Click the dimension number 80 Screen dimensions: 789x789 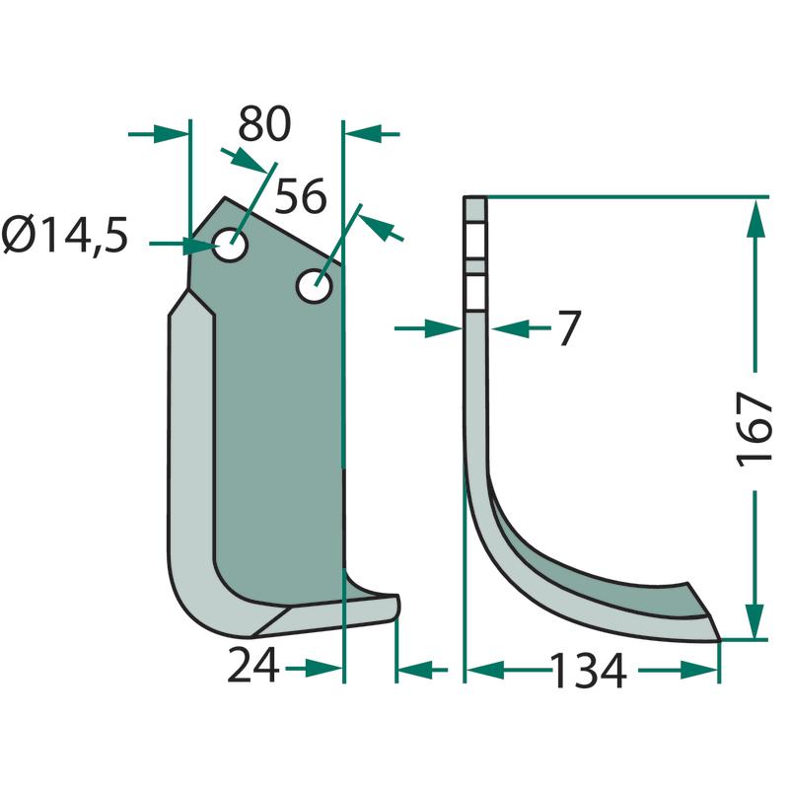[x=264, y=123]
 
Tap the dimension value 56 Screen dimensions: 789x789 [x=301, y=195]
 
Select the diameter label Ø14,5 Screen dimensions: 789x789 [x=64, y=235]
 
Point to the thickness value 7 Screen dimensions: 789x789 [x=570, y=328]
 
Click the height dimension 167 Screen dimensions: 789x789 [x=753, y=430]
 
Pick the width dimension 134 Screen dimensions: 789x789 [x=589, y=671]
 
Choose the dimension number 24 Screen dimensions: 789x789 [x=253, y=665]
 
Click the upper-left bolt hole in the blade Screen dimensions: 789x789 [x=230, y=245]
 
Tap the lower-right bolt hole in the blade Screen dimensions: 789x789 [x=315, y=286]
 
